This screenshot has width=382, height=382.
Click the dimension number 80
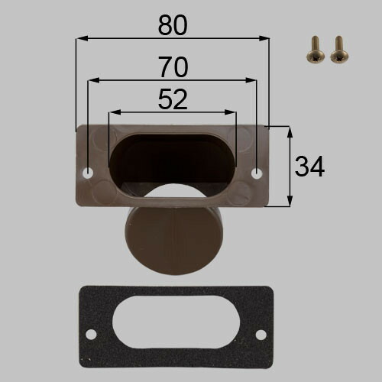click(x=173, y=25)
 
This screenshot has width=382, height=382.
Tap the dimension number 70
click(x=173, y=67)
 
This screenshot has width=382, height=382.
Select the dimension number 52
click(x=173, y=99)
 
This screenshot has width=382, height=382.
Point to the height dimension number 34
click(x=309, y=167)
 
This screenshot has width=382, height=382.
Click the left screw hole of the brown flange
click(x=88, y=173)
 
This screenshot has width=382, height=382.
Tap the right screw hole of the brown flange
click(x=257, y=173)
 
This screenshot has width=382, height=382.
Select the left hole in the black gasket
click(x=91, y=334)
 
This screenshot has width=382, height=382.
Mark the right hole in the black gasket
click(x=261, y=335)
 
